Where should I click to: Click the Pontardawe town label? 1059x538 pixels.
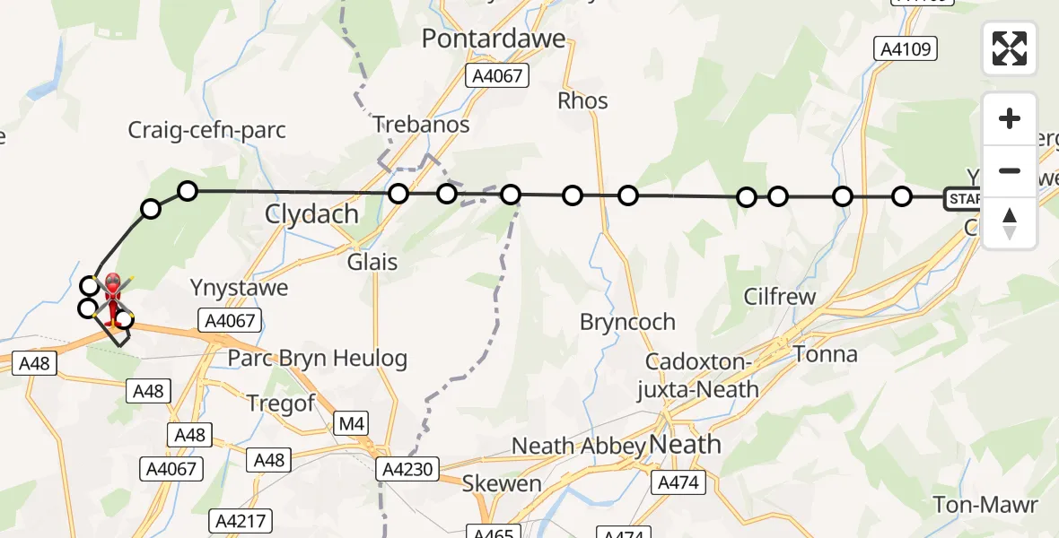click(x=494, y=39)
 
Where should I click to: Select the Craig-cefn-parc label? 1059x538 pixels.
click(x=206, y=130)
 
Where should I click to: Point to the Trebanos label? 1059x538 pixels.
click(x=421, y=125)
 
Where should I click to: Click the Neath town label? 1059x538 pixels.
click(x=684, y=444)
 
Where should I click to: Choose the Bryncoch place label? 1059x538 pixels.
click(x=627, y=322)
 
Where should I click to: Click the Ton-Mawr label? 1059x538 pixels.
click(x=985, y=505)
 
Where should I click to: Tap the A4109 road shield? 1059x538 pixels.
click(x=906, y=49)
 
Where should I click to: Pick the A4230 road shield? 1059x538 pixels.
click(x=409, y=467)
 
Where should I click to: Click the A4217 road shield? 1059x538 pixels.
click(x=238, y=521)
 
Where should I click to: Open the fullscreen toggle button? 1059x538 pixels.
click(x=1010, y=48)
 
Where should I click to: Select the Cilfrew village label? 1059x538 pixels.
click(x=780, y=297)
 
